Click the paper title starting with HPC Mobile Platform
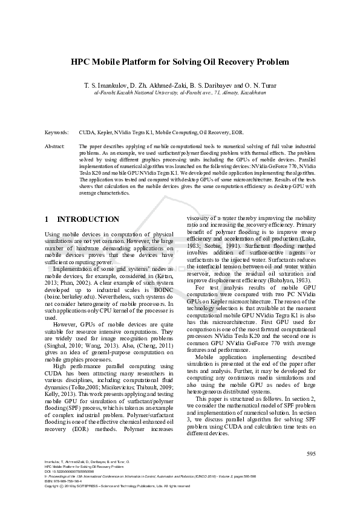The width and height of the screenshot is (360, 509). (x=180, y=62)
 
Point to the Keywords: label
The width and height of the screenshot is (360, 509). (x=56, y=131)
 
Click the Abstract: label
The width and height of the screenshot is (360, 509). (x=55, y=146)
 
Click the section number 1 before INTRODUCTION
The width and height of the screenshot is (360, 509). (x=48, y=219)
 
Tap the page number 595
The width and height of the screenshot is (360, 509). (x=311, y=453)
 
